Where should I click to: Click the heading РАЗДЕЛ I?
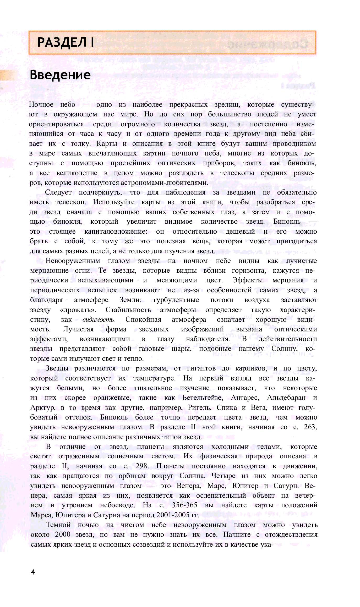(x=66, y=42)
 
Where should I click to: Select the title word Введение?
(x=60, y=75)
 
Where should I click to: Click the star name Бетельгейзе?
(x=203, y=398)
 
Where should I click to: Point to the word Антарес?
(x=245, y=398)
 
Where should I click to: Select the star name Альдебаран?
(x=286, y=398)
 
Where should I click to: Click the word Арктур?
(x=42, y=408)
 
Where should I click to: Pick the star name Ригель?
(x=199, y=408)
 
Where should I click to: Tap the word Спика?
(x=227, y=408)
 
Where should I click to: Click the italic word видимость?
(x=98, y=320)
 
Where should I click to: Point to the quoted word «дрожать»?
(x=78, y=310)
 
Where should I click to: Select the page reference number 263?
(x=310, y=427)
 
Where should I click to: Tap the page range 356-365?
(x=184, y=505)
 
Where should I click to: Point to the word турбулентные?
(x=176, y=300)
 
